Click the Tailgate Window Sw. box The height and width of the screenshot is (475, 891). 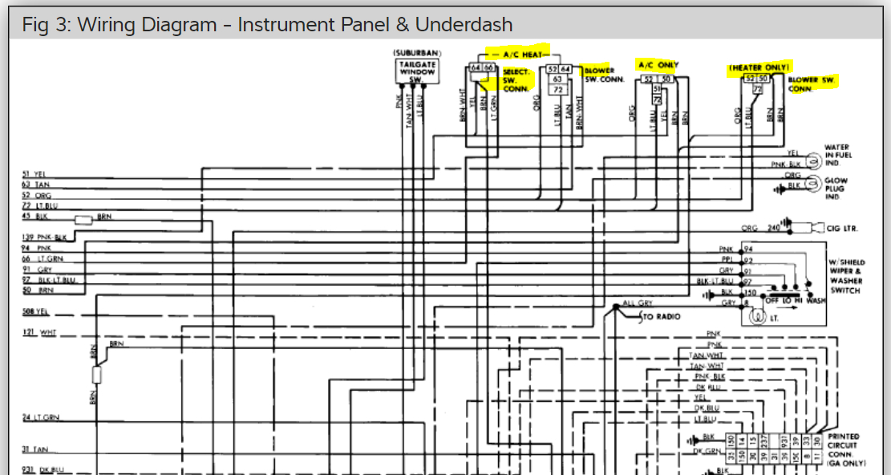[x=417, y=71]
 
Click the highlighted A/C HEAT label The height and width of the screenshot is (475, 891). [x=523, y=53]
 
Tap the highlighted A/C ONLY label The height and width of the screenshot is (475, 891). [x=658, y=64]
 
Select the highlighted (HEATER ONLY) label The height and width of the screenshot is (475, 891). [x=759, y=67]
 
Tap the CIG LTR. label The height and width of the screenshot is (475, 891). [x=843, y=229]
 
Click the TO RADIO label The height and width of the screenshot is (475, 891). [x=662, y=317]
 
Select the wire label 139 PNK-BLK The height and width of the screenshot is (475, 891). [x=45, y=237]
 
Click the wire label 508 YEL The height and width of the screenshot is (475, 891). [x=36, y=312]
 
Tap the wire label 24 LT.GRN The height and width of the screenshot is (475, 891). [x=40, y=418]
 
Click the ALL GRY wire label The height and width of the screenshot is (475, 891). [x=638, y=304]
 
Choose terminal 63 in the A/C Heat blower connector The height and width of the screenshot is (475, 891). [x=557, y=79]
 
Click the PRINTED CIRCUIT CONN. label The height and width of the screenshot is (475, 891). [x=844, y=445]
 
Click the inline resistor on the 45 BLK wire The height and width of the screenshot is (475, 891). [x=83, y=219]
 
